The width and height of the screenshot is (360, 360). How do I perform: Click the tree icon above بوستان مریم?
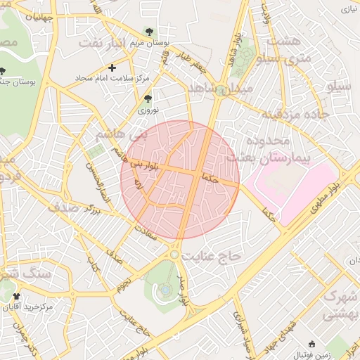click(x=148, y=31)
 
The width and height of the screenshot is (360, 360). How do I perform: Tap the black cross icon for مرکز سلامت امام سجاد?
click(x=112, y=67)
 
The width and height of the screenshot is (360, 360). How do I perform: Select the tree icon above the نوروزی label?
click(x=147, y=99)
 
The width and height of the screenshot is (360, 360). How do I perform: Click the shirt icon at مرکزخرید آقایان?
click(x=16, y=297)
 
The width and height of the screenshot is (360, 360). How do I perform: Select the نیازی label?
click(x=349, y=9)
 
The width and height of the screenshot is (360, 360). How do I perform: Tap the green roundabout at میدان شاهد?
click(x=221, y=90)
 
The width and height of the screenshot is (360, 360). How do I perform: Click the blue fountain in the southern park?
click(x=165, y=288)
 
